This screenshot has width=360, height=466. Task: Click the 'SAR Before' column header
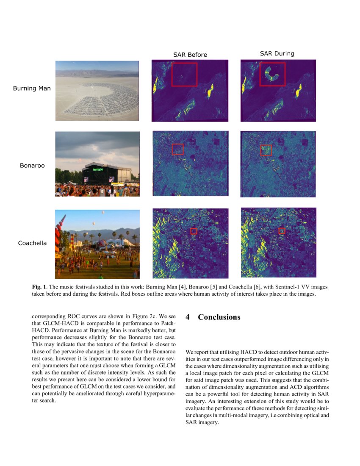(x=190, y=55)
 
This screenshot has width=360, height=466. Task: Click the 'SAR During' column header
(x=277, y=54)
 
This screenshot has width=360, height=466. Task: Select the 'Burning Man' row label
(x=32, y=89)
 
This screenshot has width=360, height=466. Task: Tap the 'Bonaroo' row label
(x=32, y=165)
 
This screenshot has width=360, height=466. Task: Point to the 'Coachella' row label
(x=32, y=243)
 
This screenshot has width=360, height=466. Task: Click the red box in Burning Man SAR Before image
(x=184, y=75)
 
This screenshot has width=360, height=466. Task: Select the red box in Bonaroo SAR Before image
(x=178, y=149)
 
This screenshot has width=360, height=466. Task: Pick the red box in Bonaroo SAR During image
(x=266, y=150)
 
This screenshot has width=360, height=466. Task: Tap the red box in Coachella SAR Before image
(x=194, y=231)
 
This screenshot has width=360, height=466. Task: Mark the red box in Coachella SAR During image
(x=282, y=230)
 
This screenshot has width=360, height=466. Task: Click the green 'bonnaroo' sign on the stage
(x=98, y=169)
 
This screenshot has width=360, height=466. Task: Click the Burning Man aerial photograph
(x=97, y=91)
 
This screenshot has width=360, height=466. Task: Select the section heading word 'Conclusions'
(x=219, y=317)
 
